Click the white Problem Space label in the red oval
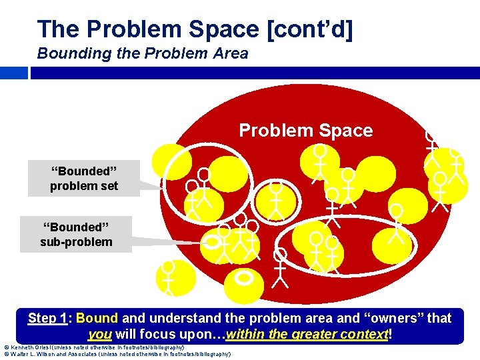306,131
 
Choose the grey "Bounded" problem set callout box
84,178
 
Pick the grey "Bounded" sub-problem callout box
76,233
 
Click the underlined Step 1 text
49,318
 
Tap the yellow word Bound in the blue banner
97,318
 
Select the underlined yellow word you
99,334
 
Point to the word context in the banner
363,334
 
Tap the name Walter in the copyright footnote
24,354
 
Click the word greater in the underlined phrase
297,334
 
